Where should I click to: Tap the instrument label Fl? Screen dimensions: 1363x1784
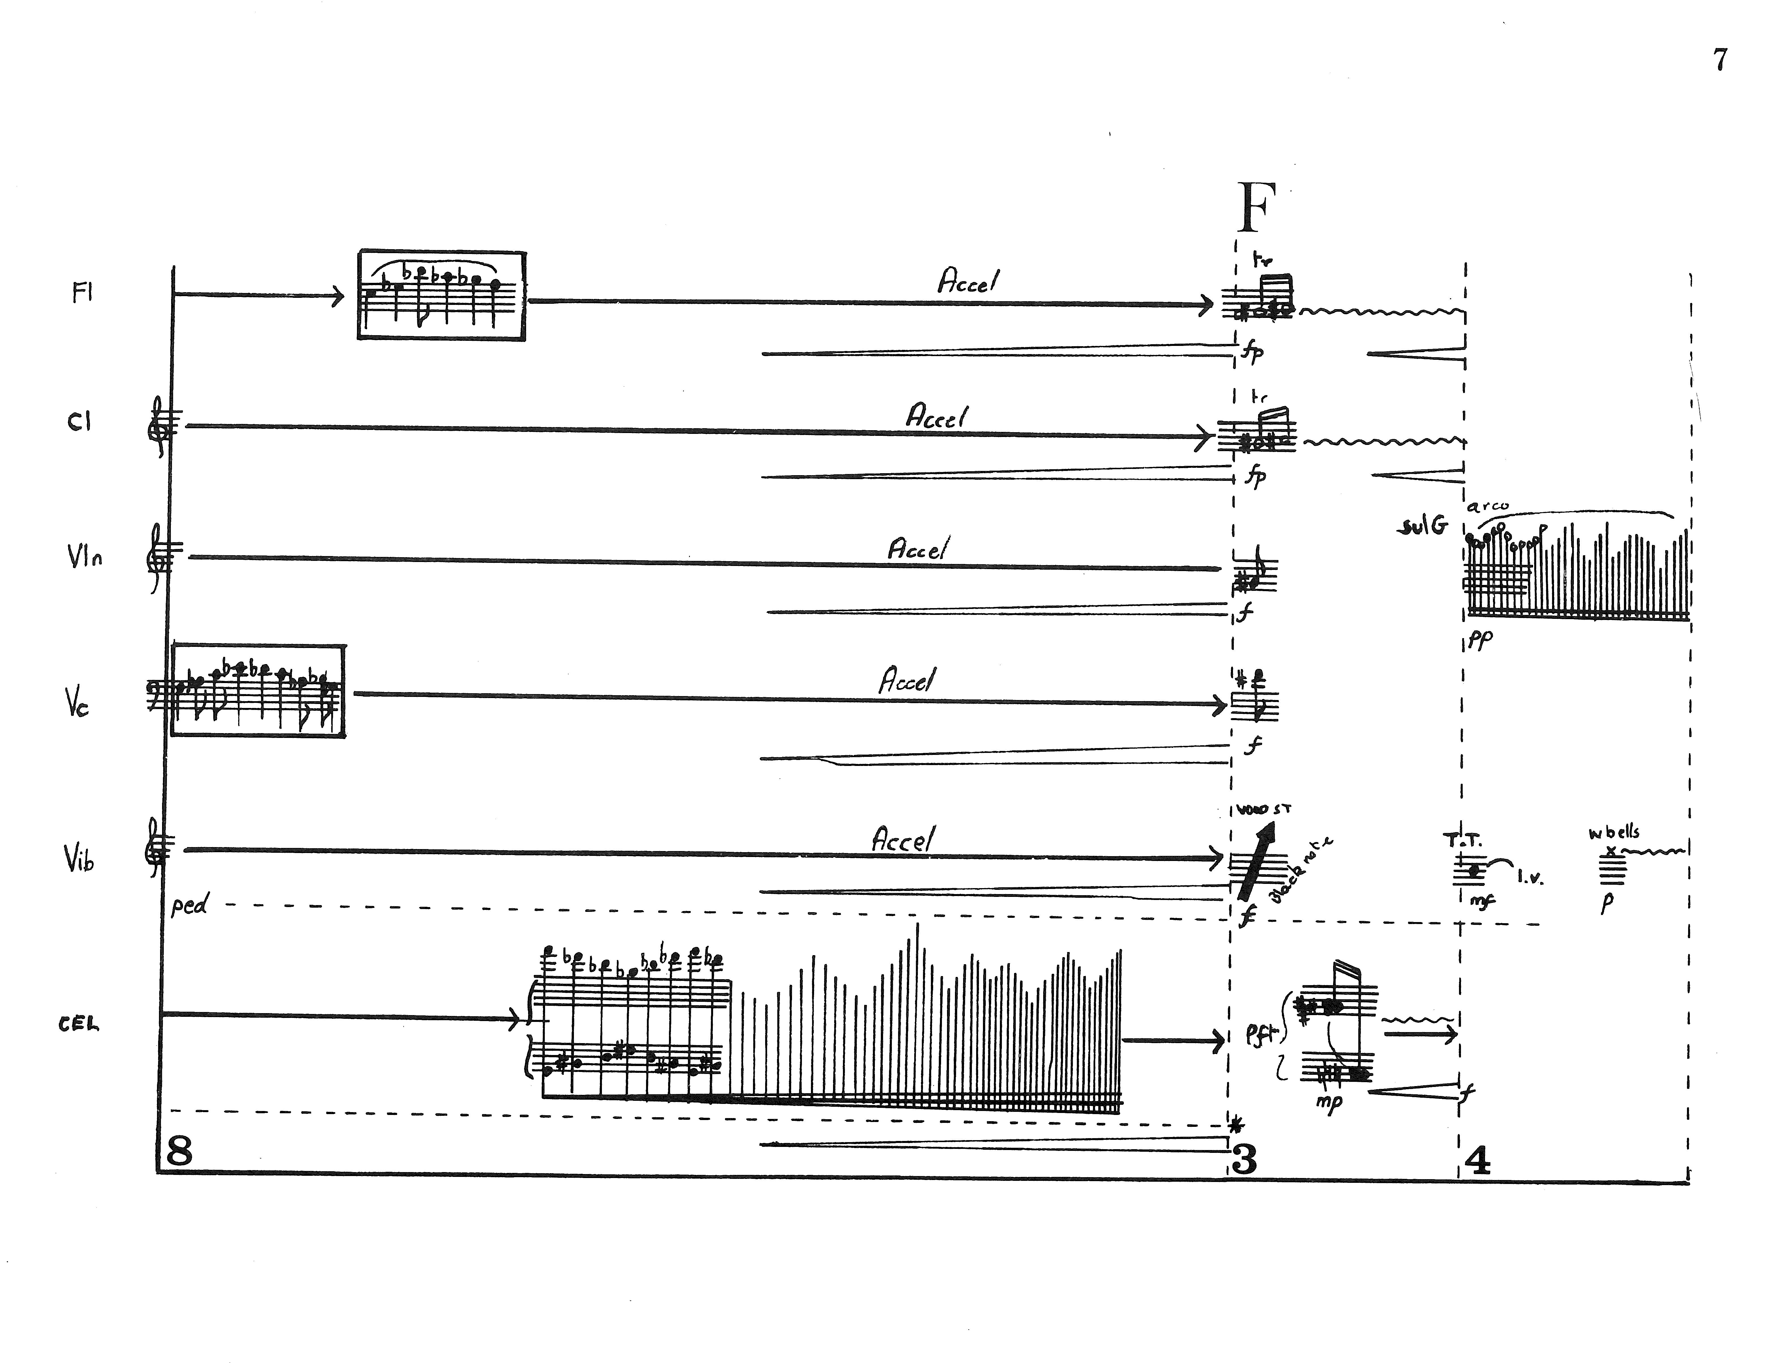[x=82, y=293]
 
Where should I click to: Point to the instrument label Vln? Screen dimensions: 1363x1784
[x=84, y=557]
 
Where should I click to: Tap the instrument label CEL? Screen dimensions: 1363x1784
[x=79, y=1024]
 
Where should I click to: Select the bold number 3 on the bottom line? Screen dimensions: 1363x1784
[x=1244, y=1160]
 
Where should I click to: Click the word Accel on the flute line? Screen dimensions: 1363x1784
[x=968, y=281]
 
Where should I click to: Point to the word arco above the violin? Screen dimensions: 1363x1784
[x=1488, y=506]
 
